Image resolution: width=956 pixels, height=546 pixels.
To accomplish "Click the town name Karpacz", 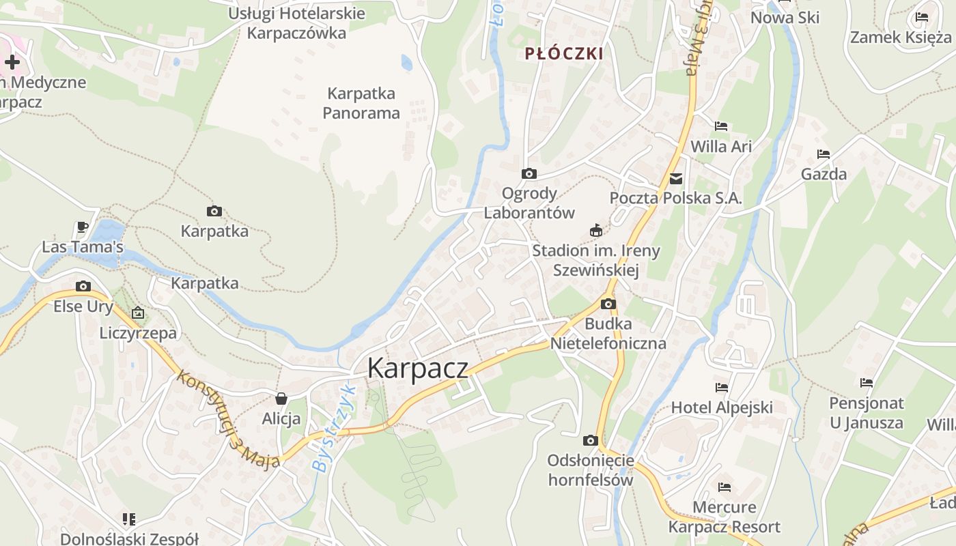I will click(418, 368).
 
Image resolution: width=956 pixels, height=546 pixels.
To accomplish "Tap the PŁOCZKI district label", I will click(564, 54).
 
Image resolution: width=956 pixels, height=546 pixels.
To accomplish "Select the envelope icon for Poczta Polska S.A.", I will click(676, 179).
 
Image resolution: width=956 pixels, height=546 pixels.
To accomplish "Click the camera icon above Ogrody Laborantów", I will click(529, 174).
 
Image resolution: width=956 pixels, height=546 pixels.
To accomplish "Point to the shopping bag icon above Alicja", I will click(281, 399).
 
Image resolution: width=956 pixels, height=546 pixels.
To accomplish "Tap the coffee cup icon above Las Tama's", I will click(83, 227).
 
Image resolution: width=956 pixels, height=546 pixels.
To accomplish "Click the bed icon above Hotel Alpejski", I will click(722, 388).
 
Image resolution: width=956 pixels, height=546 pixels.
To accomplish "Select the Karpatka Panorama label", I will click(361, 103).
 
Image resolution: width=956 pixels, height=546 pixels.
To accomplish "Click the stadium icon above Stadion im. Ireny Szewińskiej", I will click(596, 231).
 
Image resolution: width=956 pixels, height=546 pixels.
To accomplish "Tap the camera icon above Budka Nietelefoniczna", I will click(608, 304).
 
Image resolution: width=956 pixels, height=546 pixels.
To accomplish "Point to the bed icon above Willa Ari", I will click(721, 126).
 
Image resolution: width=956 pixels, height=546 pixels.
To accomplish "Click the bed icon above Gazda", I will click(824, 154).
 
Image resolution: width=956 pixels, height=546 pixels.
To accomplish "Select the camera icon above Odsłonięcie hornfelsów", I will click(591, 441).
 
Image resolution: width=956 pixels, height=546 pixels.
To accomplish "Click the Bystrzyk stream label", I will click(334, 429).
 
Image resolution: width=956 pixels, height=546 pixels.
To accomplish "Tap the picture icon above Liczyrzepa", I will click(138, 313).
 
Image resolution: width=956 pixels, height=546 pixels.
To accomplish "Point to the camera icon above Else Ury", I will click(83, 287).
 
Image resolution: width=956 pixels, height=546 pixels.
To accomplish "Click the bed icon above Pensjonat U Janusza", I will click(867, 383).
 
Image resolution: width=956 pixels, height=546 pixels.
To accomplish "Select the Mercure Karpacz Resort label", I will click(725, 517).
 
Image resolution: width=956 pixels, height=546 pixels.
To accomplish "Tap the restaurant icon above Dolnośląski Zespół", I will click(129, 519).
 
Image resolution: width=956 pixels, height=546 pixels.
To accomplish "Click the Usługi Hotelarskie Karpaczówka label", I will click(296, 23).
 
